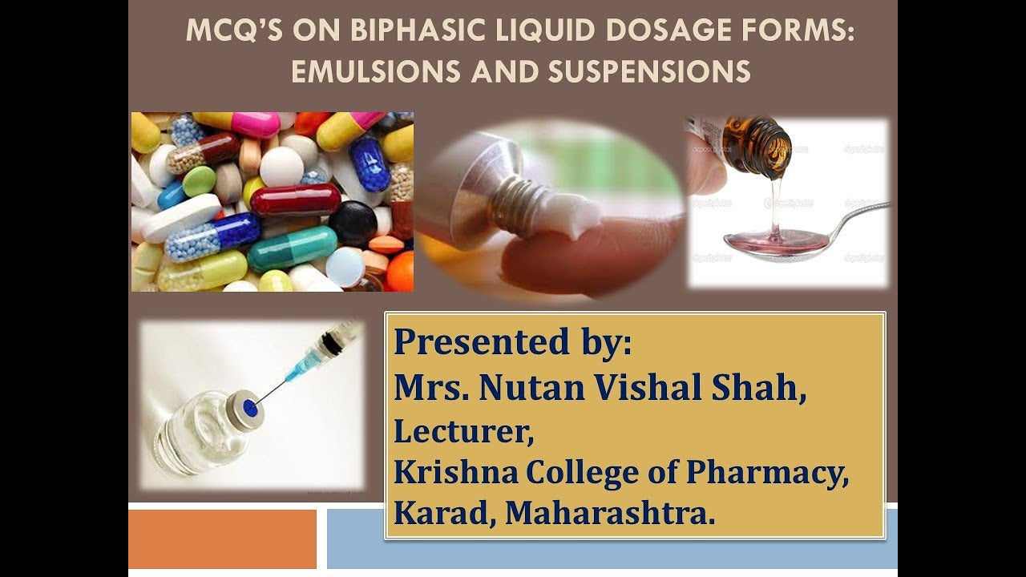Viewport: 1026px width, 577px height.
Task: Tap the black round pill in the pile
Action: [353, 223]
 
